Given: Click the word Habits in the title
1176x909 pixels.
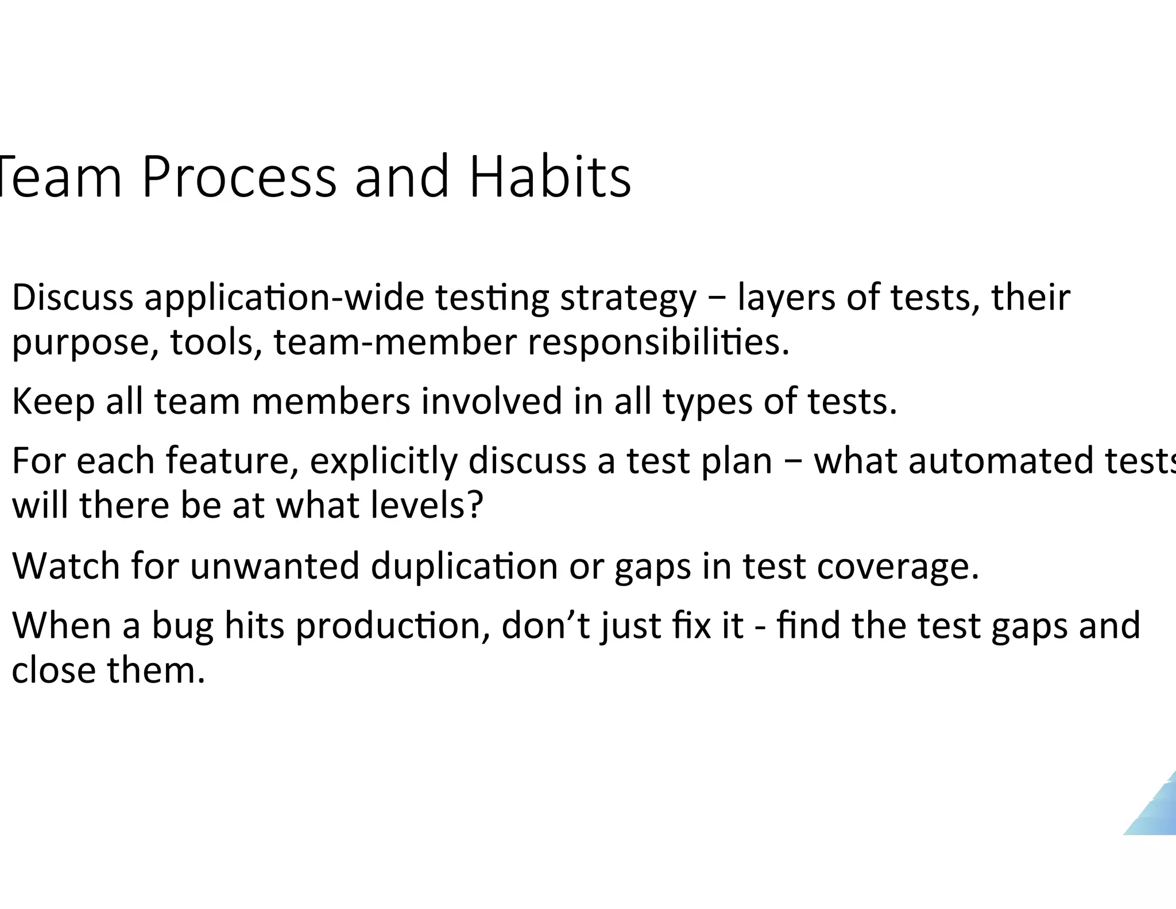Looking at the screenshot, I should [550, 177].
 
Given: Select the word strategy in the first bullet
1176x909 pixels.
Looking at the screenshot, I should [628, 299].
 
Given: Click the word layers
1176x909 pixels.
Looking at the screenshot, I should [786, 299].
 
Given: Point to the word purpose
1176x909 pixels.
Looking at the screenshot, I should [86, 343].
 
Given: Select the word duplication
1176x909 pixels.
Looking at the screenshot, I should [464, 567].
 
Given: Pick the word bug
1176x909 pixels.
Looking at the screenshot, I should [181, 626].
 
